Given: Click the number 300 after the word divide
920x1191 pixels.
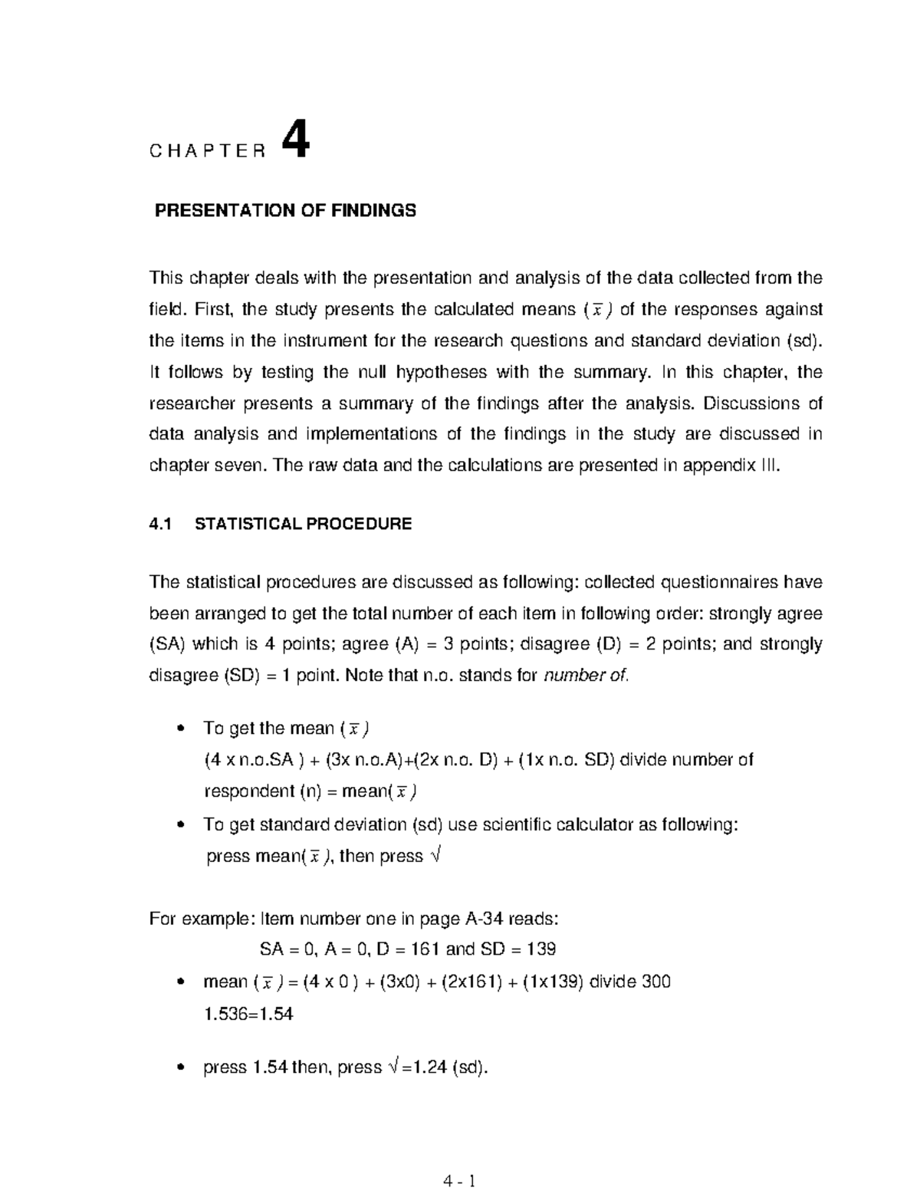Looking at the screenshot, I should [656, 982].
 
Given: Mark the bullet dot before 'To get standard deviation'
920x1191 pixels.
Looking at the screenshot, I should [181, 825].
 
